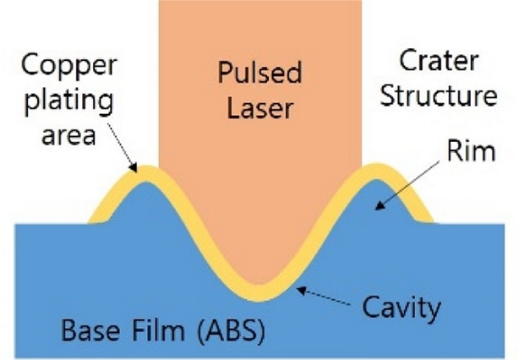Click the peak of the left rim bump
click(x=142, y=167)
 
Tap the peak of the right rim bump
click(x=378, y=167)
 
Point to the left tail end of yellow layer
click(x=91, y=221)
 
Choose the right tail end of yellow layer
click(x=430, y=221)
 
